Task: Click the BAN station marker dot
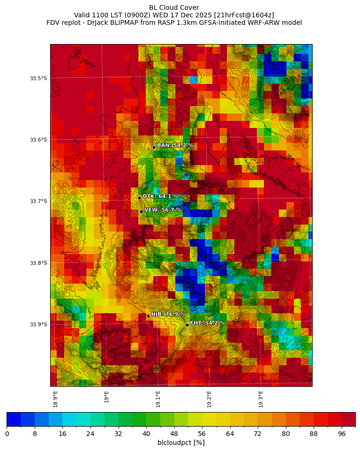pyautogui.click(x=154, y=147)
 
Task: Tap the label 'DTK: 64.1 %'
pyautogui.click(x=160, y=196)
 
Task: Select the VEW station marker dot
pyautogui.click(x=141, y=211)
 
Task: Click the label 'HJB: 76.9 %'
pyautogui.click(x=168, y=314)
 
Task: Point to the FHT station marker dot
pyautogui.click(x=187, y=325)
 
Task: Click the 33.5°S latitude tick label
pyautogui.click(x=38, y=78)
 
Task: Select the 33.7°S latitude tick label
pyautogui.click(x=38, y=201)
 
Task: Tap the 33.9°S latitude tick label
pyautogui.click(x=38, y=324)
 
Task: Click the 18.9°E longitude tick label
pyautogui.click(x=56, y=399)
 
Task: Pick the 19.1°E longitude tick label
pyautogui.click(x=158, y=399)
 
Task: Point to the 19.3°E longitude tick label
pyautogui.click(x=261, y=399)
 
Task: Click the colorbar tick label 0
pyautogui.click(x=7, y=434)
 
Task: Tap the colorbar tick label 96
pyautogui.click(x=342, y=434)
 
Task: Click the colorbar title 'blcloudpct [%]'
pyautogui.click(x=181, y=443)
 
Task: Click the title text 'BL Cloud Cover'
pyautogui.click(x=174, y=8)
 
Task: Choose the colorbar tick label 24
pyautogui.click(x=90, y=434)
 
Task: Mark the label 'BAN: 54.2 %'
pyautogui.click(x=175, y=145)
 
